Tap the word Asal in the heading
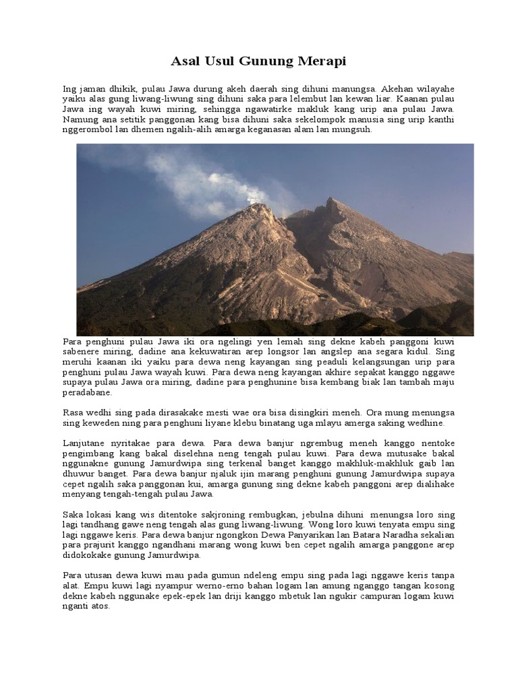pyautogui.click(x=185, y=62)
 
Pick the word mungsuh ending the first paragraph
pyautogui.click(x=354, y=129)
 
